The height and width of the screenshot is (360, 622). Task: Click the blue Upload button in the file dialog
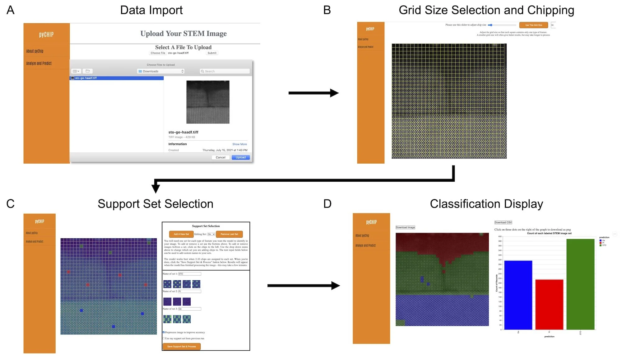[240, 157]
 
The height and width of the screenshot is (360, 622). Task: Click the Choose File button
[158, 53]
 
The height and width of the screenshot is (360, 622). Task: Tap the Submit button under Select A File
[212, 53]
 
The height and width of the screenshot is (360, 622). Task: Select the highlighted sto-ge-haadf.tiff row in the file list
[117, 78]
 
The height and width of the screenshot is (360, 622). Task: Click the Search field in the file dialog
[225, 71]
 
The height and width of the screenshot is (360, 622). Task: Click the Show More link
[239, 144]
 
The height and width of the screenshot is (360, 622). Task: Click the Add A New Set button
[181, 234]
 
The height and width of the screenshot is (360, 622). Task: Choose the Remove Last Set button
[229, 234]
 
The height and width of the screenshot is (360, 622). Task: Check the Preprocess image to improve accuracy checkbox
[164, 332]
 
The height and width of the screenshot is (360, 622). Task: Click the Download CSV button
[503, 222]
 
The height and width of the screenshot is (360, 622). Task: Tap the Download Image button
[405, 227]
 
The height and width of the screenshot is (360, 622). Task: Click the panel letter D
[327, 204]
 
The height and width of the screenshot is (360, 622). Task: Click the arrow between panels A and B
[313, 93]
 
